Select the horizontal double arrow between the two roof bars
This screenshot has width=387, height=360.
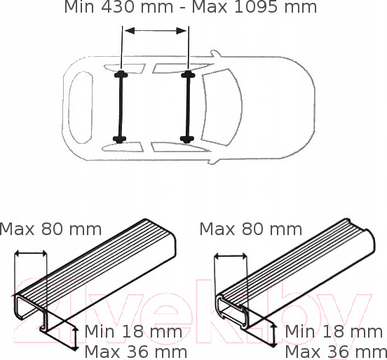156,31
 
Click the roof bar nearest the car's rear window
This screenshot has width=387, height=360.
121,107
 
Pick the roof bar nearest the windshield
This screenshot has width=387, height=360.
188,107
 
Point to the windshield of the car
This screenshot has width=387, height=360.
222,107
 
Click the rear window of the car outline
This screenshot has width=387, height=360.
81,107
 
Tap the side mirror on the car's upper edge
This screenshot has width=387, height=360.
215,54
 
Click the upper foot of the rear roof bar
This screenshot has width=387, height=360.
121,74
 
